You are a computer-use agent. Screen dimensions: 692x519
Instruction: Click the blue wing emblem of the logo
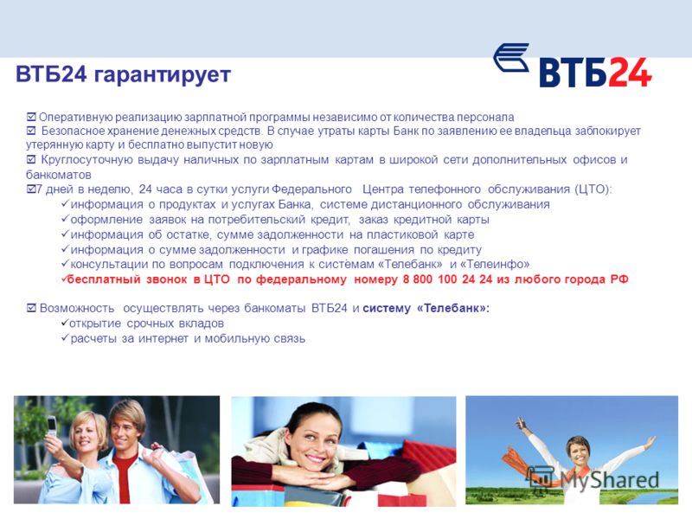pyautogui.click(x=511, y=57)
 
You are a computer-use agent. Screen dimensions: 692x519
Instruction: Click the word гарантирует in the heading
pyautogui.click(x=163, y=74)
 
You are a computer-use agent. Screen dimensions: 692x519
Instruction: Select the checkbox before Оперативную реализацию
pyautogui.click(x=31, y=117)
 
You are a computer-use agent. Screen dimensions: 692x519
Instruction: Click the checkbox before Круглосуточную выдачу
pyautogui.click(x=31, y=159)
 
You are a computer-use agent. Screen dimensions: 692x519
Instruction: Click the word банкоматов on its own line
pyautogui.click(x=59, y=175)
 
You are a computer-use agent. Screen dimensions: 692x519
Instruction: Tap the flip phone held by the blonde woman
pyautogui.click(x=52, y=426)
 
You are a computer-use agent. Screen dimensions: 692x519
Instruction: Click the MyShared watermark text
pyautogui.click(x=610, y=480)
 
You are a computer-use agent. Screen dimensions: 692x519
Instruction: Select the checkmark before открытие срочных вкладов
pyautogui.click(x=65, y=323)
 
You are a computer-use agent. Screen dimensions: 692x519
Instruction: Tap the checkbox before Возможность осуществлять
pyautogui.click(x=31, y=308)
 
